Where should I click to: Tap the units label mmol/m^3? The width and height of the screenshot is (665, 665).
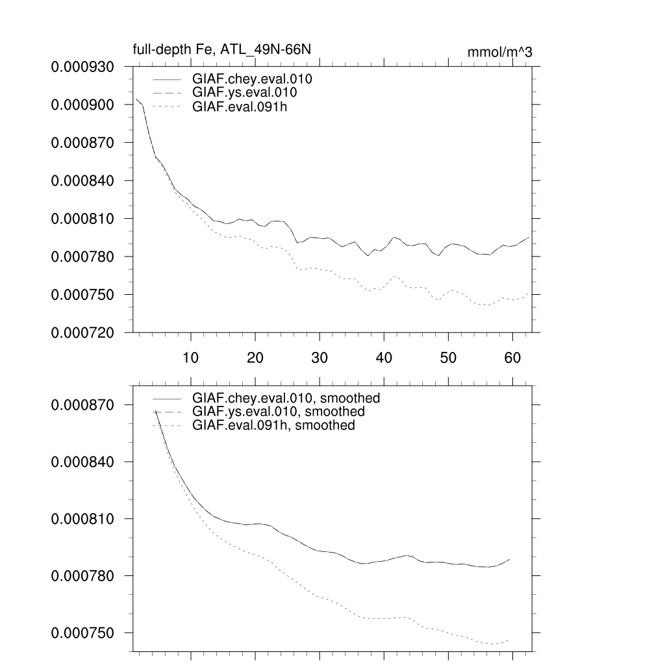[x=499, y=53]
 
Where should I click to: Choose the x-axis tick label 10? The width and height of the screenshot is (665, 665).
[x=190, y=357]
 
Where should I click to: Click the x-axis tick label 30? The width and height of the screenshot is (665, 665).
[x=319, y=357]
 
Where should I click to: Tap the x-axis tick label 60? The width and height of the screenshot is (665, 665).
[x=512, y=357]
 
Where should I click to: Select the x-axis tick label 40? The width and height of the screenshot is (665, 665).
[x=383, y=357]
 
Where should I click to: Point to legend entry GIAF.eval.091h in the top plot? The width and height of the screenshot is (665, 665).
[x=240, y=107]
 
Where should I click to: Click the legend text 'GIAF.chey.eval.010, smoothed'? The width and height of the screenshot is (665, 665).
[x=286, y=397]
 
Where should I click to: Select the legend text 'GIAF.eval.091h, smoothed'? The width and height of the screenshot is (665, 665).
[x=273, y=425]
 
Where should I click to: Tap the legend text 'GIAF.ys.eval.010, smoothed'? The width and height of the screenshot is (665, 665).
[x=279, y=412]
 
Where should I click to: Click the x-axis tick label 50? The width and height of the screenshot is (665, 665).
[x=448, y=357]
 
